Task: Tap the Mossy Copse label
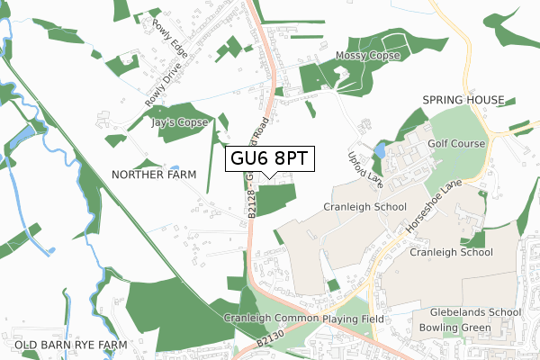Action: (366, 56)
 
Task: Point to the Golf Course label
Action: (456, 143)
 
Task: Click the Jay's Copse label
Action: (181, 121)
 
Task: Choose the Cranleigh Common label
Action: (270, 319)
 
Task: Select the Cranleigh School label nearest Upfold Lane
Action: (364, 207)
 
